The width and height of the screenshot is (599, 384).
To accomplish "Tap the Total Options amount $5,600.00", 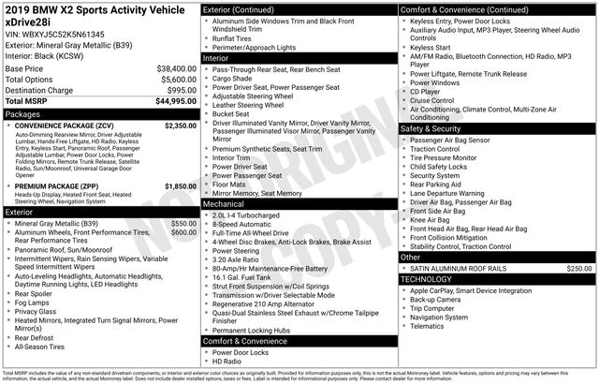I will pos(173,80).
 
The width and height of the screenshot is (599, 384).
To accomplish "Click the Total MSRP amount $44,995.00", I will pos(170,101).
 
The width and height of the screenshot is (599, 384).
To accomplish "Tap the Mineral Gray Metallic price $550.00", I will pos(184,224).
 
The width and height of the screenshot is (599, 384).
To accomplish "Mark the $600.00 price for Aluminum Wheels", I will pos(184,232).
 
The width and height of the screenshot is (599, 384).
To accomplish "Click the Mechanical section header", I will pos(224,203).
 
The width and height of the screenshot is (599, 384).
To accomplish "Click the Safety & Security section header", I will pos(430,128).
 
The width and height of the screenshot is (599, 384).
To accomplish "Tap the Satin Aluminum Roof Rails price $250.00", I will pos(579,268).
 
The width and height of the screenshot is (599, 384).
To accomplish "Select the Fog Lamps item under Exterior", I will pos(33,302).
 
